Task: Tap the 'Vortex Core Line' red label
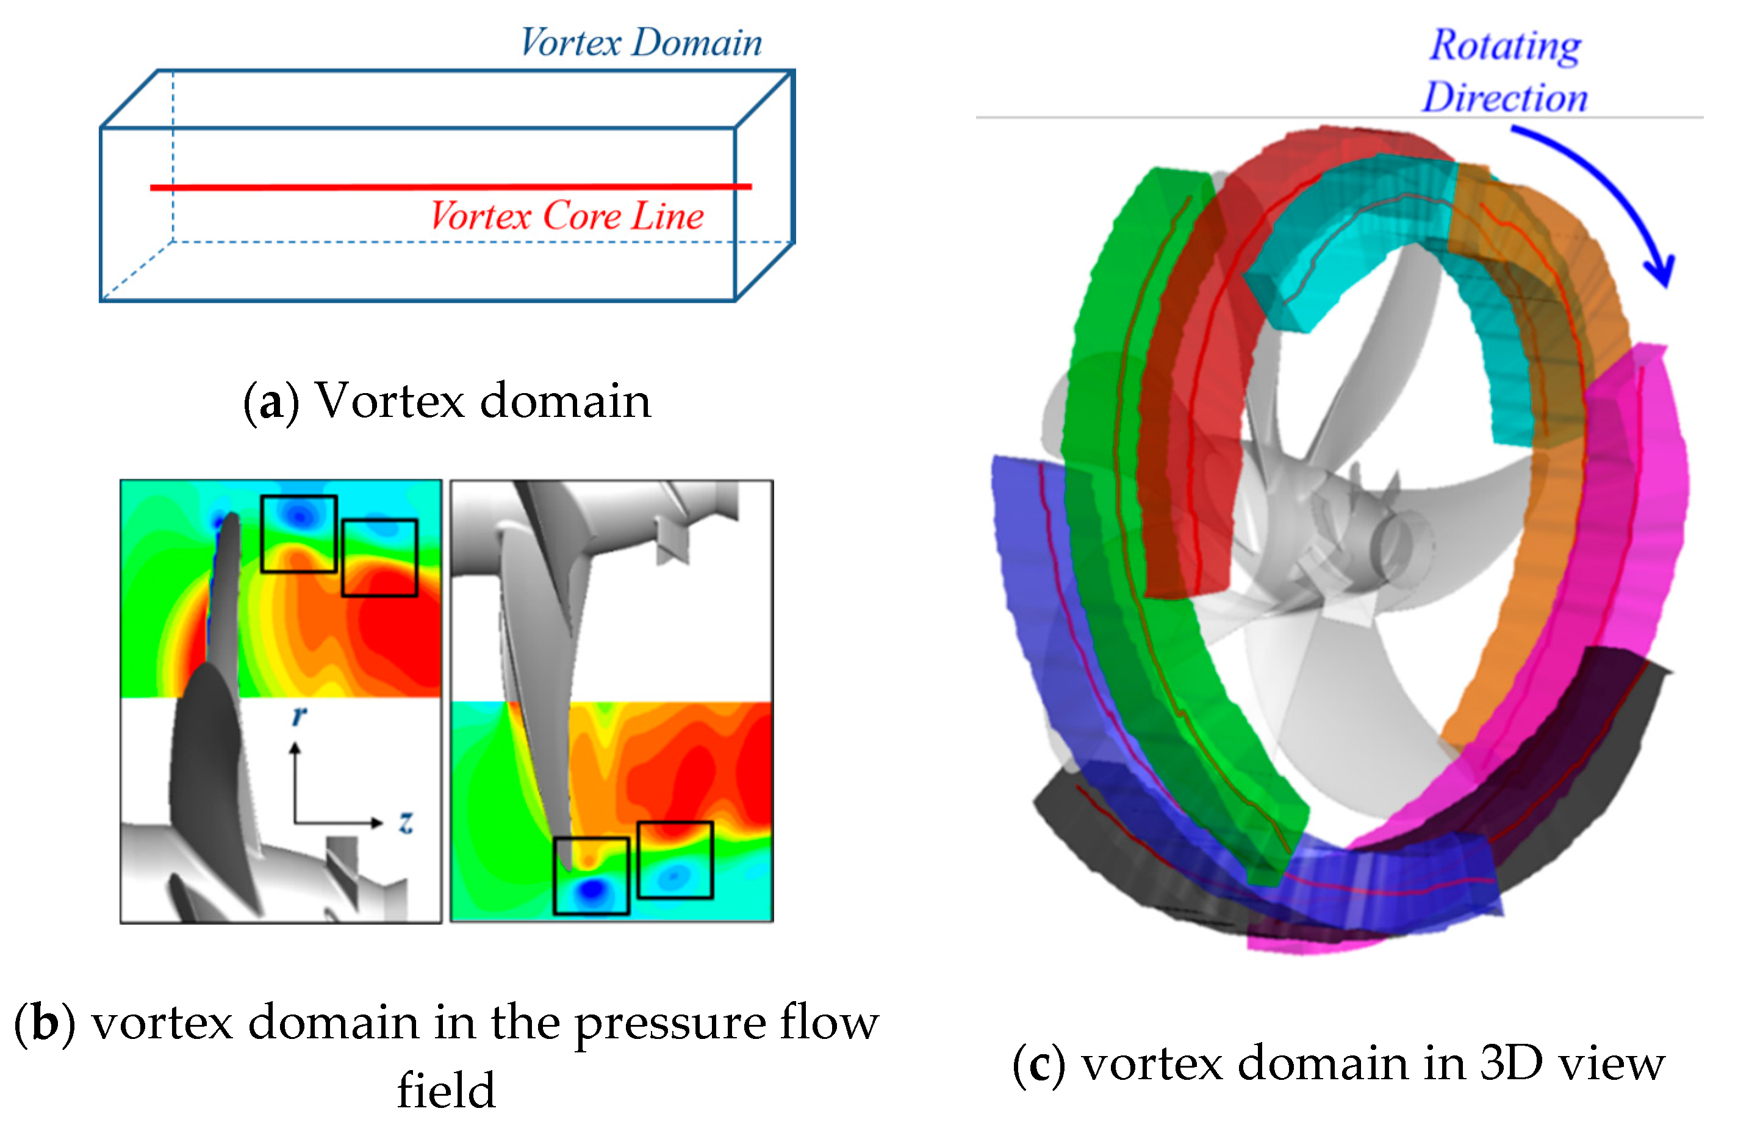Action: coord(567,216)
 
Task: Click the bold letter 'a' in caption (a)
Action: coord(271,402)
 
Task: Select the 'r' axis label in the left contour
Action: coord(299,717)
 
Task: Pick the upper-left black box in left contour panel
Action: coord(299,534)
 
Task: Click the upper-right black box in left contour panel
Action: coord(379,557)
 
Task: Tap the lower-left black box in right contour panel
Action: coord(591,875)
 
